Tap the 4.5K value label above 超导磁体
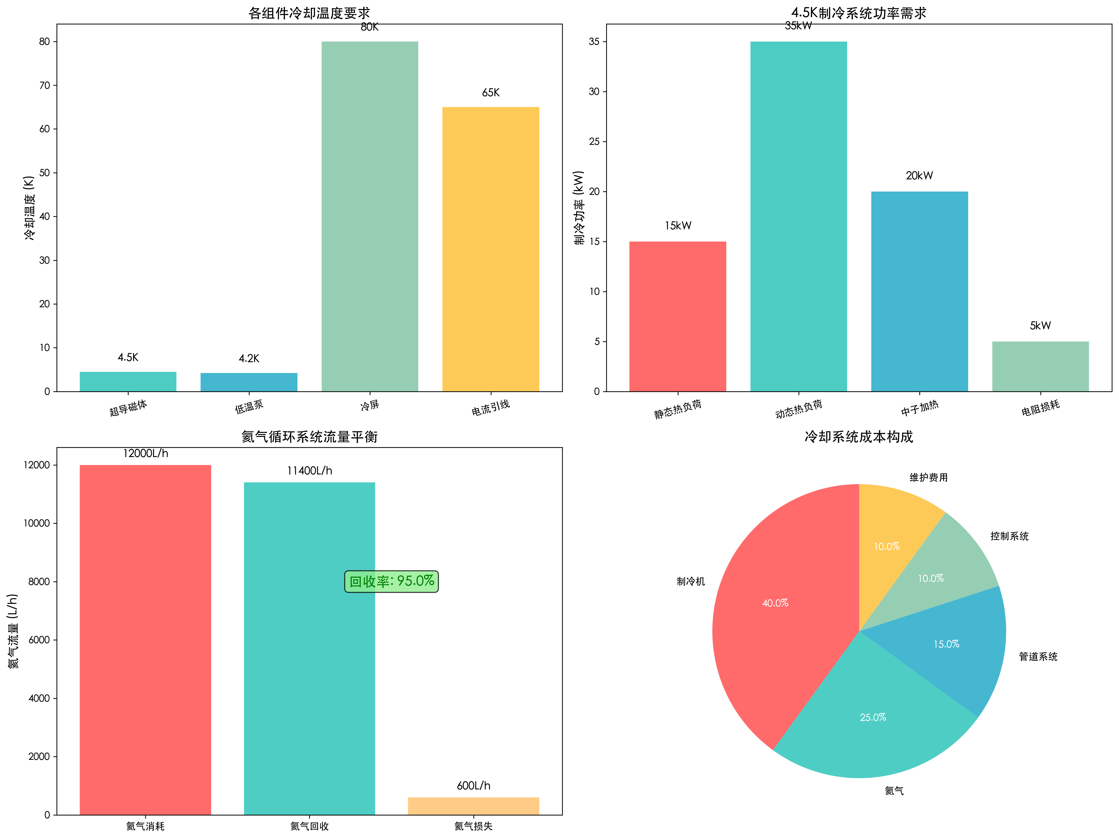point(128,357)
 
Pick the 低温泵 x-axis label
point(249,406)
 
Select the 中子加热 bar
point(919,291)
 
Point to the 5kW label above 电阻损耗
point(1040,325)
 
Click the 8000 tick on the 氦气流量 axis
point(39,581)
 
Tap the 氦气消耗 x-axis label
point(145,826)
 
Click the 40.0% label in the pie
point(775,603)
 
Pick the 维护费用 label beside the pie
point(928,477)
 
